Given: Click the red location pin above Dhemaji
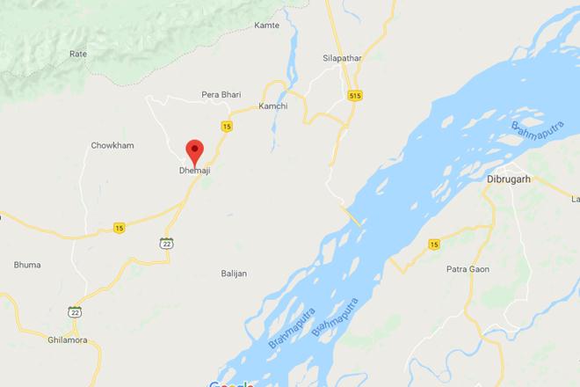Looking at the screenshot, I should (195, 150).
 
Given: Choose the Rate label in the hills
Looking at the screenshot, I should (78, 54).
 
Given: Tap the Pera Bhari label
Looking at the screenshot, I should (221, 94).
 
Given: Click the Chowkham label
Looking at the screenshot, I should (112, 145).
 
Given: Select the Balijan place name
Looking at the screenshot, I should (234, 274).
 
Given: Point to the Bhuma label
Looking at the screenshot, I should (27, 265).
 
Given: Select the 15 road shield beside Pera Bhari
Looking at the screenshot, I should (227, 127).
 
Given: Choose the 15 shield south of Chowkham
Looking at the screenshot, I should (120, 228).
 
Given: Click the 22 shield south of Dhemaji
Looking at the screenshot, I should (166, 242).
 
